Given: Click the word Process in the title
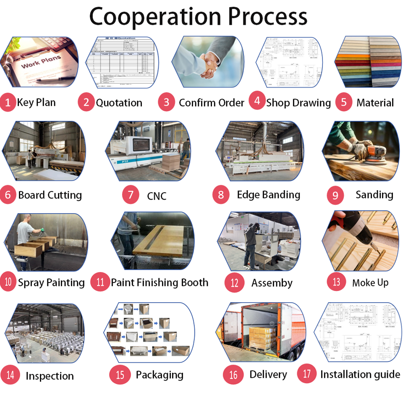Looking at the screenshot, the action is click(267, 17).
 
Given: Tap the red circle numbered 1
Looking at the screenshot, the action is click(8, 102).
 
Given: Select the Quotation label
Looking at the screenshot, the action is click(119, 103).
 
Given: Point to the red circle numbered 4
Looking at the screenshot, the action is click(257, 101).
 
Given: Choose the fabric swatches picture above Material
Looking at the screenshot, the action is click(367, 62).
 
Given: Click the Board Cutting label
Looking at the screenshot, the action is click(50, 195).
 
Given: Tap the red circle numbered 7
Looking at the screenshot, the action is click(131, 195).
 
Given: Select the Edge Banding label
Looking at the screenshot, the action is click(268, 195).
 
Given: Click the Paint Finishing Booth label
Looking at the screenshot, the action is click(160, 283).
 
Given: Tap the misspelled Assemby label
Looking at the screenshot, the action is click(272, 283).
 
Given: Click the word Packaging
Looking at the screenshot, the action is click(160, 375).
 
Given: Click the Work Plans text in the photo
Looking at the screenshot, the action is click(41, 63).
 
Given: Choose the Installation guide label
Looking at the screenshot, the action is click(360, 374).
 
